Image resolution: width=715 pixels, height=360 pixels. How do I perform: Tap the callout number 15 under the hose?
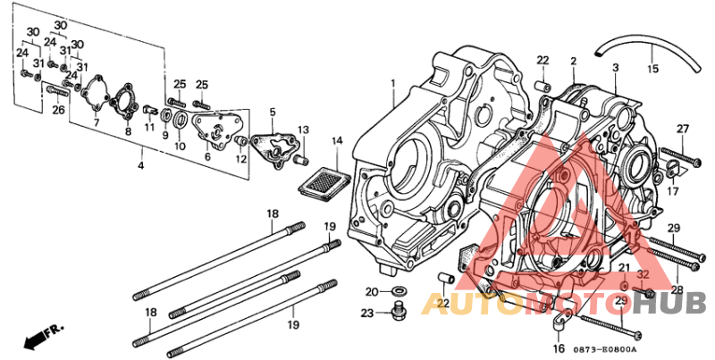(652, 69)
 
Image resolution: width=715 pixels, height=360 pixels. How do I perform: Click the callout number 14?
(337, 141)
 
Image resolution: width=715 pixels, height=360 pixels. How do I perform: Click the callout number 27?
(682, 130)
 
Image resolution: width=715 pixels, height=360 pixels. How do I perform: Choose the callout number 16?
(559, 349)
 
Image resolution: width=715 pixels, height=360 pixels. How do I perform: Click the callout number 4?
(139, 166)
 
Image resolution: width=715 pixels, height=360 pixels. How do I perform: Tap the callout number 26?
(58, 110)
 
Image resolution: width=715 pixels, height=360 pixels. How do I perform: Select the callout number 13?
(303, 130)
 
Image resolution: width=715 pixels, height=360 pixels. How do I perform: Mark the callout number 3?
(615, 68)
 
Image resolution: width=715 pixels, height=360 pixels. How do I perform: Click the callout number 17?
(673, 190)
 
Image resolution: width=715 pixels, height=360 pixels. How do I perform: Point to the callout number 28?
(677, 290)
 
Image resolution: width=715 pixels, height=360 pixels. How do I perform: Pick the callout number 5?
(273, 113)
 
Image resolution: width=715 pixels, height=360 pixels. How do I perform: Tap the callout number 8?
(128, 132)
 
